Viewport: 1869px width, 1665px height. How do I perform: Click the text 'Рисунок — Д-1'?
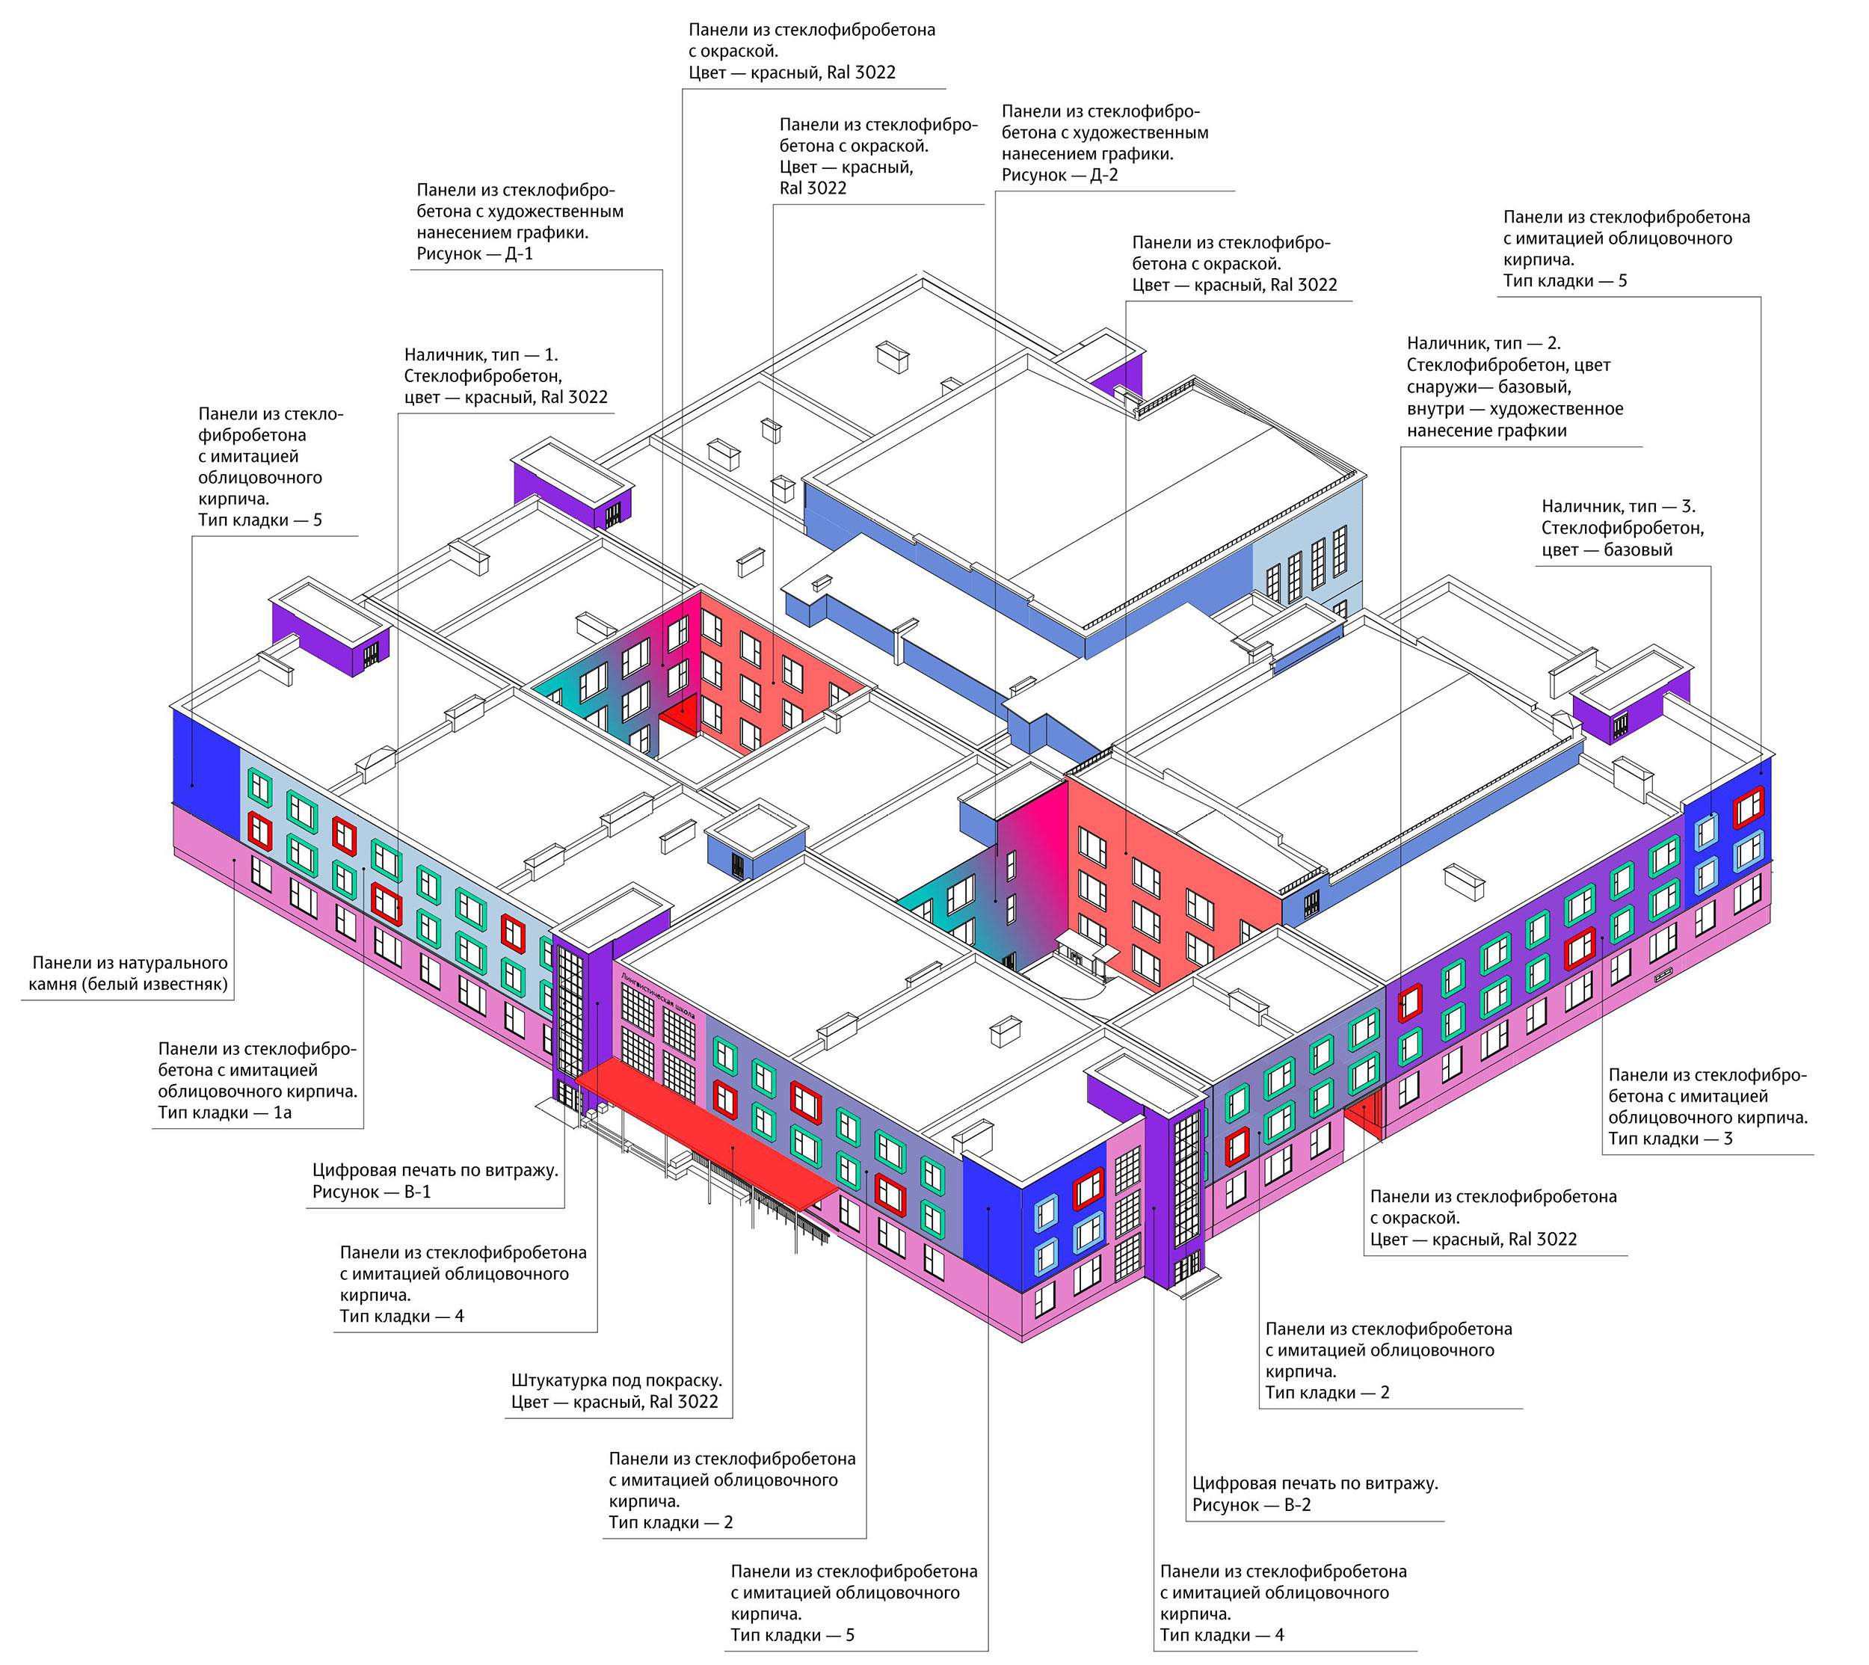click(x=474, y=253)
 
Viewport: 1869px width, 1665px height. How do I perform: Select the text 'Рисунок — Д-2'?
click(x=1059, y=175)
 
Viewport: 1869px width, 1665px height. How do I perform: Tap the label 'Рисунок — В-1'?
click(x=371, y=1191)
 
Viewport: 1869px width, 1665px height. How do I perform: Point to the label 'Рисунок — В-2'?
click(x=1251, y=1505)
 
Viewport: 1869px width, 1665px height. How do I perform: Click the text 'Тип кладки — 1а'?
click(x=224, y=1112)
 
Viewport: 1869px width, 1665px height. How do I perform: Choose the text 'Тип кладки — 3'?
click(x=1670, y=1138)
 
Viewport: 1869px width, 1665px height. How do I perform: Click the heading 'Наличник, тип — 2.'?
click(x=1483, y=343)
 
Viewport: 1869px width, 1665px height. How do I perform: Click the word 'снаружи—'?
click(x=1445, y=387)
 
